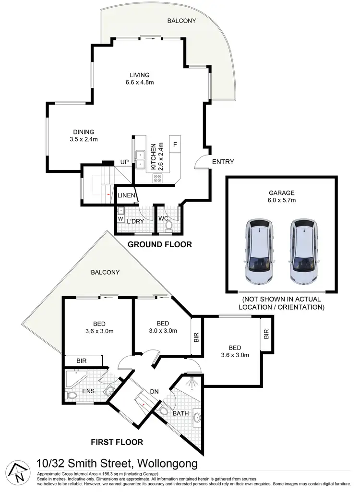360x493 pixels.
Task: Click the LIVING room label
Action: click(140, 75)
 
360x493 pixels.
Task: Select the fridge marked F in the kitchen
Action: click(175, 144)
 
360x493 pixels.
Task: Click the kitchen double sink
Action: click(141, 160)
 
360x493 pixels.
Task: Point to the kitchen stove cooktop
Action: click(157, 178)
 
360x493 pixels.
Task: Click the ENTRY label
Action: click(222, 162)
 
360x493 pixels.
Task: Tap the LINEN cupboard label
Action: click(126, 195)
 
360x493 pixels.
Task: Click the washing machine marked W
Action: click(120, 220)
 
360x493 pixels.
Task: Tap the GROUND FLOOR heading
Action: click(159, 244)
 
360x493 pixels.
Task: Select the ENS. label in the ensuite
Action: click(90, 391)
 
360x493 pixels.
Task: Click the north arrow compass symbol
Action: click(18, 474)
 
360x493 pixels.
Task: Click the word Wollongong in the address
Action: click(167, 464)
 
